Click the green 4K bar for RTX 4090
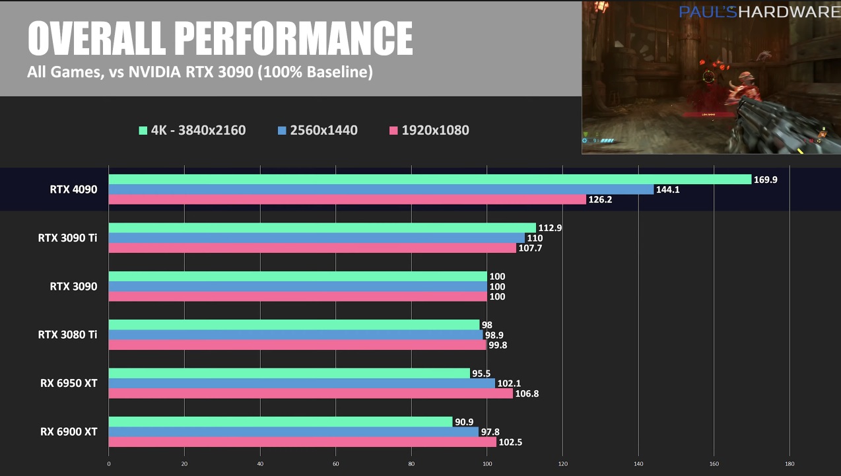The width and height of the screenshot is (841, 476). pyautogui.click(x=429, y=180)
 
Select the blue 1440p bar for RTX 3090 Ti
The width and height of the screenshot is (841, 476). pyautogui.click(x=316, y=238)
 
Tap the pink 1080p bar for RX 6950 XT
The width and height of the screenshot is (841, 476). pyautogui.click(x=310, y=393)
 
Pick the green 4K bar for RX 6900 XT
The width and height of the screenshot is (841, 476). pyautogui.click(x=280, y=421)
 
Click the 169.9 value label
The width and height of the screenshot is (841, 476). pyautogui.click(x=766, y=180)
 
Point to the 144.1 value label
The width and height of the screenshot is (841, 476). pyautogui.click(x=668, y=189)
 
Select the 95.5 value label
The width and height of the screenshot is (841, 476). pyautogui.click(x=481, y=374)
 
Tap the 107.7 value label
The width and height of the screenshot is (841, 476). pyautogui.click(x=530, y=248)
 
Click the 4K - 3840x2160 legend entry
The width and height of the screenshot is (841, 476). pyautogui.click(x=192, y=130)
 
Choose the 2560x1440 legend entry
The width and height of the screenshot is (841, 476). pyautogui.click(x=318, y=130)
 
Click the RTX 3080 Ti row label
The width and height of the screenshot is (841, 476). pyautogui.click(x=67, y=335)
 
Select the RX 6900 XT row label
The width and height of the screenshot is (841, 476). pyautogui.click(x=69, y=432)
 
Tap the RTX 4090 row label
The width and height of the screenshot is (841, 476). pyautogui.click(x=73, y=189)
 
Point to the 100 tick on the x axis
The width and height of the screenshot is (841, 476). pyautogui.click(x=487, y=463)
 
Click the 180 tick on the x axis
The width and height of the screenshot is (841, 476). pyautogui.click(x=790, y=463)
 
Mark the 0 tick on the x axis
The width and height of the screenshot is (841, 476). pyautogui.click(x=109, y=463)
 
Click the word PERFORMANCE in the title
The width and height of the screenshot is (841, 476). pyautogui.click(x=296, y=38)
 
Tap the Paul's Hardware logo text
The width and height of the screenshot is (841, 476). pyautogui.click(x=759, y=12)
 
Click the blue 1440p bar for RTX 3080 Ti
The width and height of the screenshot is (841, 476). pyautogui.click(x=295, y=335)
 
